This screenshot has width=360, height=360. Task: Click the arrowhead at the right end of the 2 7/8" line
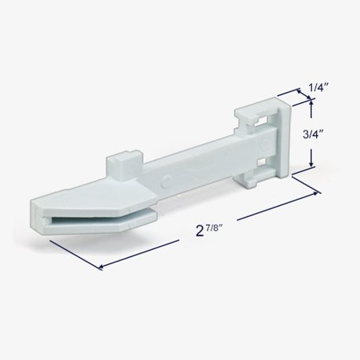(x=318, y=193)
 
